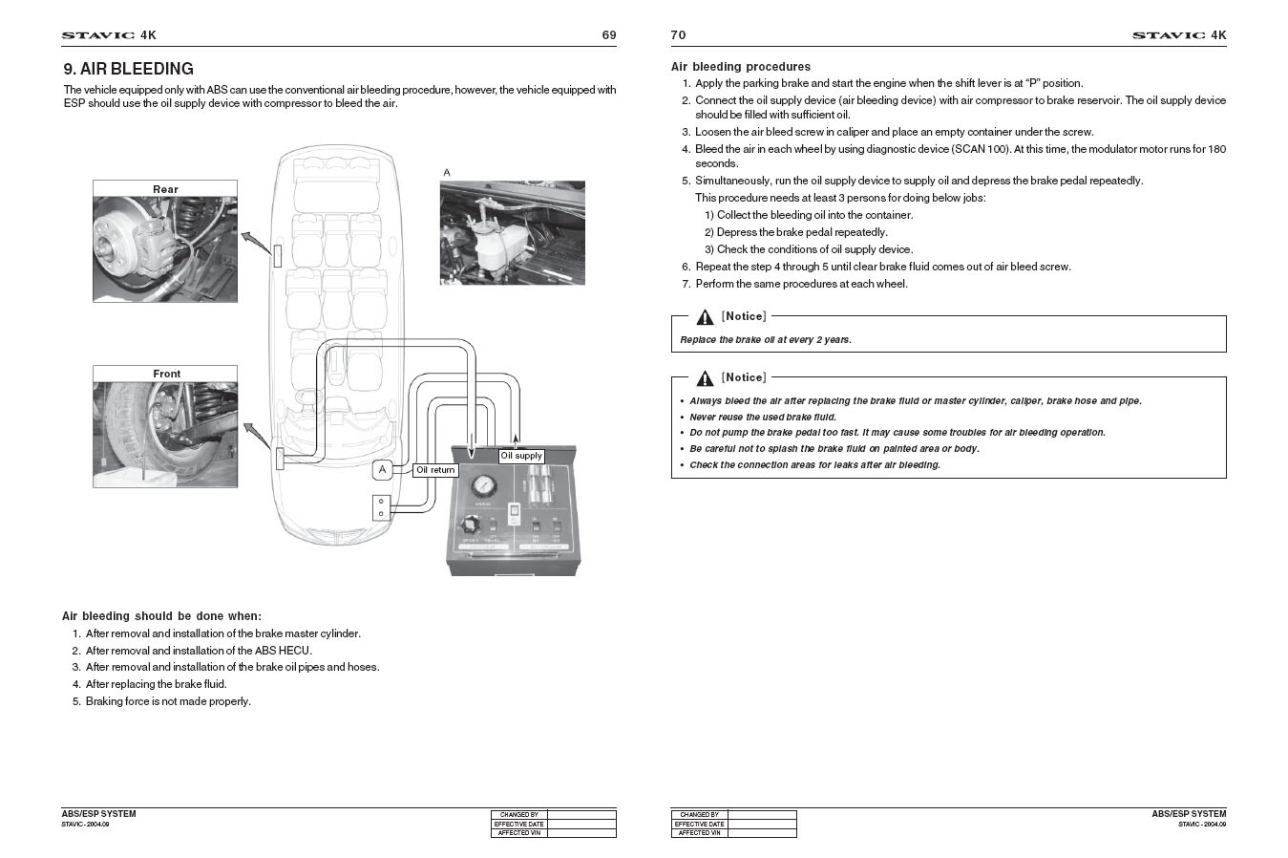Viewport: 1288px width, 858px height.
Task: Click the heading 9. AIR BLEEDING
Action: tap(128, 69)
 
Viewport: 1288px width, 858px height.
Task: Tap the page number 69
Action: tap(608, 35)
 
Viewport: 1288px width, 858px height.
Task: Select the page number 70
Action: tap(678, 35)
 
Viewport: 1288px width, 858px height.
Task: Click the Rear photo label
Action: tap(165, 189)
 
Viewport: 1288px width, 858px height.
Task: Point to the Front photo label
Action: tap(166, 374)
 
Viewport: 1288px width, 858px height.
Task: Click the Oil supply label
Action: tap(521, 456)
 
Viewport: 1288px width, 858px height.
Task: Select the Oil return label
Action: tap(435, 470)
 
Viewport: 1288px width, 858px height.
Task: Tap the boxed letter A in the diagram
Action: tap(382, 469)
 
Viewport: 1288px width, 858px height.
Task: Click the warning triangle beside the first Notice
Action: tap(705, 317)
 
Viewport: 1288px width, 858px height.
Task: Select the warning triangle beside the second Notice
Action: tap(705, 378)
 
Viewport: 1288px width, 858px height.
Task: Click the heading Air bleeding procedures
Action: tap(740, 67)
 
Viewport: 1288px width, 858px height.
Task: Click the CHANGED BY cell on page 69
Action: tap(518, 815)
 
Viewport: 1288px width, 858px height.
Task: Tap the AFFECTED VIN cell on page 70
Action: tap(699, 833)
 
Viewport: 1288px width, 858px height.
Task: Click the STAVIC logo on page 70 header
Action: tap(1168, 35)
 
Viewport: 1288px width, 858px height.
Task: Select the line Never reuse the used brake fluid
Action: tap(762, 417)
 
